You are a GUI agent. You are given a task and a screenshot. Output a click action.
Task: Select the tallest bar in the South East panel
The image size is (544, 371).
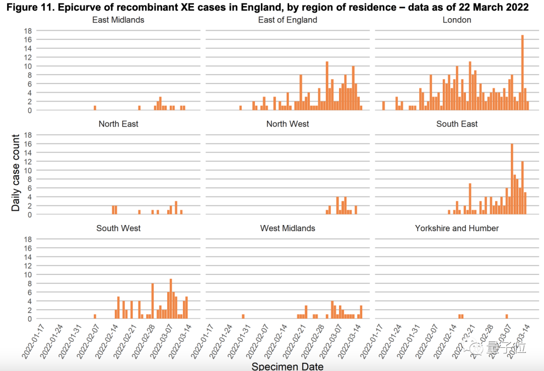[x=512, y=179]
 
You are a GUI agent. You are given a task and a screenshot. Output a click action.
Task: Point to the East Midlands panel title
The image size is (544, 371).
[x=118, y=20]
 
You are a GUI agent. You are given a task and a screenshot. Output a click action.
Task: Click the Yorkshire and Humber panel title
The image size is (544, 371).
[x=457, y=228]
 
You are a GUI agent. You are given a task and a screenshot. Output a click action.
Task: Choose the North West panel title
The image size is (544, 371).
[x=288, y=124]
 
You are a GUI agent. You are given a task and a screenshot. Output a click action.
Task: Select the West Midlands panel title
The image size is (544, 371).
[x=288, y=228]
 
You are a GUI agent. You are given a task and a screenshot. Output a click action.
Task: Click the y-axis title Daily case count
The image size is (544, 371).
[x=16, y=173]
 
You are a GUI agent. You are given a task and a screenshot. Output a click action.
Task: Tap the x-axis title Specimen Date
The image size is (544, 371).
[x=287, y=366]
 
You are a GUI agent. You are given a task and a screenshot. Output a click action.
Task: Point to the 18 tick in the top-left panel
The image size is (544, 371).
[x=28, y=31]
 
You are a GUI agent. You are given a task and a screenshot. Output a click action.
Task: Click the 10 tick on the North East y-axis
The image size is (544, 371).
[x=28, y=170]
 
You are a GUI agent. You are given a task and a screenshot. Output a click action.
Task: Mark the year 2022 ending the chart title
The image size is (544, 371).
[x=518, y=7]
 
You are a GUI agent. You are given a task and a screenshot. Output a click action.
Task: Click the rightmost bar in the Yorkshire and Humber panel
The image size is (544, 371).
[x=506, y=317]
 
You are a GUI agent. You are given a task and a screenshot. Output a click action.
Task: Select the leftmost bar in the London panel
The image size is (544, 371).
[x=383, y=106]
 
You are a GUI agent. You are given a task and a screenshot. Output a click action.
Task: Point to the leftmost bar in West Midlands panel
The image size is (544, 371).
[x=243, y=317]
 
